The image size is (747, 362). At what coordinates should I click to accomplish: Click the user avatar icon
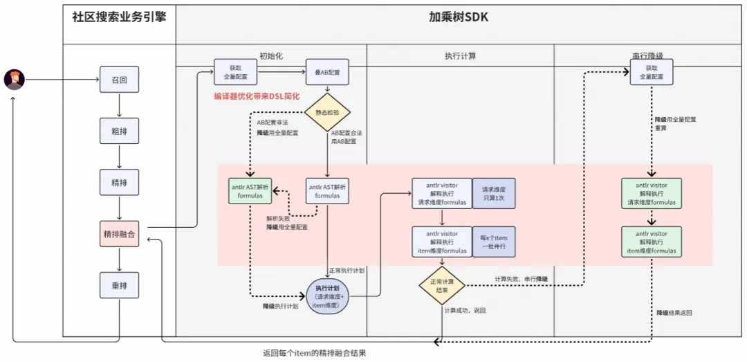pos(14,80)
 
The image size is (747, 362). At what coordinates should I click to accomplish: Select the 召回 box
pos(119,80)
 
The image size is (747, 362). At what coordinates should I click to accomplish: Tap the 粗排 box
pos(119,131)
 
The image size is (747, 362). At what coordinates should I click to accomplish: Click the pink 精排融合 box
pos(119,234)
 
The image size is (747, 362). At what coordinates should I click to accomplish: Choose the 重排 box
pos(119,285)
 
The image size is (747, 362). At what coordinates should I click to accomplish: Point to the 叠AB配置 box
pos(327,71)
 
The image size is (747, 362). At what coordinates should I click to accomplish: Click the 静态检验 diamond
pos(328,112)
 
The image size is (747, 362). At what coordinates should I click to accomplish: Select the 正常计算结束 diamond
pos(441,286)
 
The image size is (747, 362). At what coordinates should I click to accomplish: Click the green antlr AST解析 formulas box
pos(250,191)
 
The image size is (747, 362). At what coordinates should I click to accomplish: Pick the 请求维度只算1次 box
pos(493,193)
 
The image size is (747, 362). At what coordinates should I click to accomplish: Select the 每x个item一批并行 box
pos(493,242)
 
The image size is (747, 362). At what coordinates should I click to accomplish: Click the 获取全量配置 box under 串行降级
pos(651,73)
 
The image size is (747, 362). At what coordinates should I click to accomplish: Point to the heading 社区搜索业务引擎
pos(119,17)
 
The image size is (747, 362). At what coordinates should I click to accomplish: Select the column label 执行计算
pos(460,55)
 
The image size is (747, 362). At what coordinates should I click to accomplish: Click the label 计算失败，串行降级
pos(521,278)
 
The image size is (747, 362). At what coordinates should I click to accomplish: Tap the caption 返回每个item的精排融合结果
pos(314,353)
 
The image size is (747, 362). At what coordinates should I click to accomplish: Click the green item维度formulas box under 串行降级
pos(651,242)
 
